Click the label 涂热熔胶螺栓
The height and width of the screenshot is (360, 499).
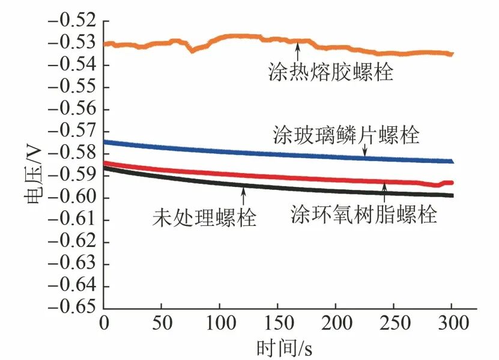330,73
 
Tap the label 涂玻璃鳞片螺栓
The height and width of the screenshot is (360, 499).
346,135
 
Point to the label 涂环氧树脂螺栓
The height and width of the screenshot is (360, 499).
364,213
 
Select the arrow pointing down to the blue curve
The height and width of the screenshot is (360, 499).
364,151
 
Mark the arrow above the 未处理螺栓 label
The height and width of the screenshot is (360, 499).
243,195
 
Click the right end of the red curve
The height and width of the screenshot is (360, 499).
452,182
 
